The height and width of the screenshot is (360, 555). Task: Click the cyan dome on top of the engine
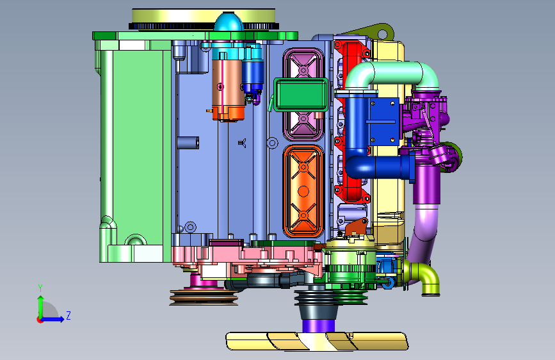pyautogui.click(x=229, y=22)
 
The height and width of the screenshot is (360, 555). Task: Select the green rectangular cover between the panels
pyautogui.click(x=301, y=95)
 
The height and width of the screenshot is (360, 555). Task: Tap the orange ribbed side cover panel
pyautogui.click(x=303, y=191)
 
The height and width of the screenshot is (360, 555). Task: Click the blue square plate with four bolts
pyautogui.click(x=384, y=121)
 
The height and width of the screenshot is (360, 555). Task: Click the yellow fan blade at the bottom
pyautogui.click(x=317, y=341)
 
